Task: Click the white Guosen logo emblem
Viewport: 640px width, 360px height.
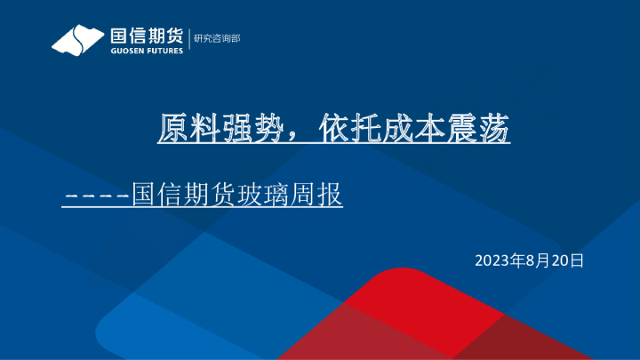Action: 78,40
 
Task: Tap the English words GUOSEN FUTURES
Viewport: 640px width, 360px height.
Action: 147,51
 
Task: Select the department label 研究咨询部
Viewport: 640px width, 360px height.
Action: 216,38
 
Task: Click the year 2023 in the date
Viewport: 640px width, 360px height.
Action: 492,260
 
